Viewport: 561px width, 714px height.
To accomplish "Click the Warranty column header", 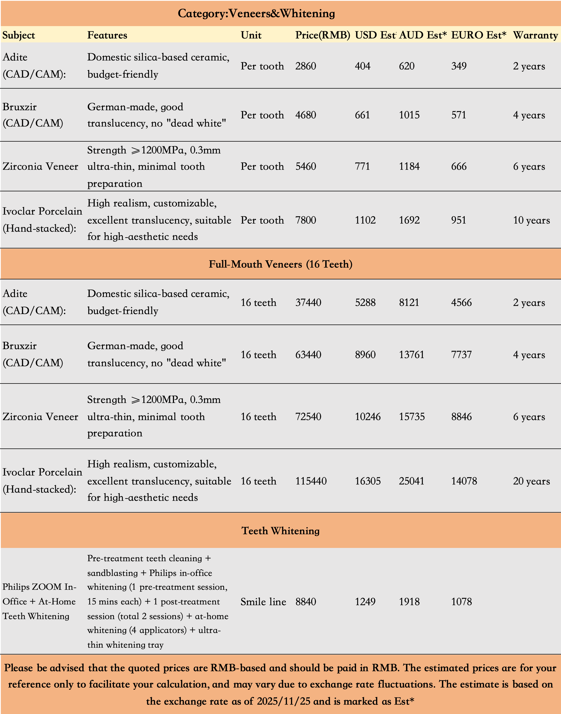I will [535, 35].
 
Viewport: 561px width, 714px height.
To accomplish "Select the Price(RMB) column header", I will [323, 35].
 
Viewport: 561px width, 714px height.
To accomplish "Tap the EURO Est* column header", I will [478, 35].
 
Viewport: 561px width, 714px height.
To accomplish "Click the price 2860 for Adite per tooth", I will [305, 66].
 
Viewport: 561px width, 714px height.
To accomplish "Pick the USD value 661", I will [362, 115].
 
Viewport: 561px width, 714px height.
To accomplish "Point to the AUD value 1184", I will [409, 166].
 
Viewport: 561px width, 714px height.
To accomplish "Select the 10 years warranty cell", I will [531, 220].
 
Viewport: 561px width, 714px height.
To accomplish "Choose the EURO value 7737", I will [461, 354].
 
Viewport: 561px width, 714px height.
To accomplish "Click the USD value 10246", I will [368, 417].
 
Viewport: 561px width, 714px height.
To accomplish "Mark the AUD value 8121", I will [409, 302].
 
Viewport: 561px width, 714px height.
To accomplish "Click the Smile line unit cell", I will [263, 602].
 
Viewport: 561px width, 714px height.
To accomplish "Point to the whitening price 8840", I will [305, 602].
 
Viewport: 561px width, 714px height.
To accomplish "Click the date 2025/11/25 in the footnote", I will [283, 701].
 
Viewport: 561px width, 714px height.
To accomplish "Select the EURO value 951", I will [458, 220].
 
